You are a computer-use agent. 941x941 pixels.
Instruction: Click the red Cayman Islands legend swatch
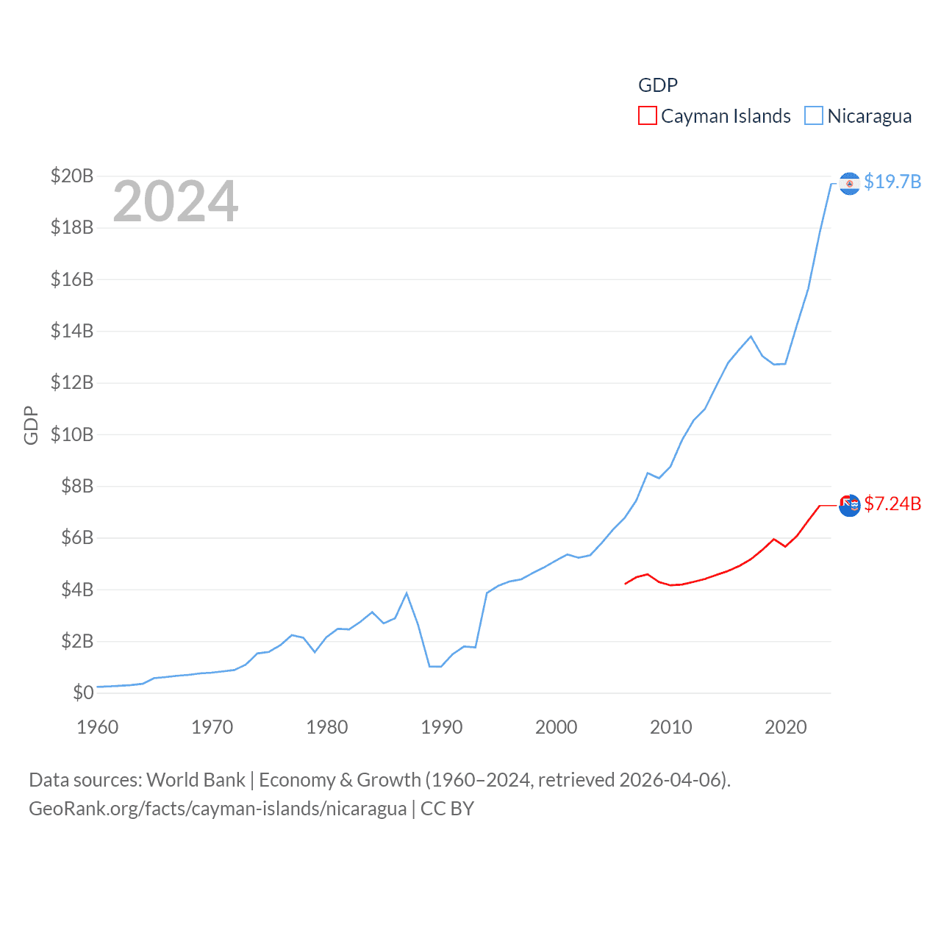647,116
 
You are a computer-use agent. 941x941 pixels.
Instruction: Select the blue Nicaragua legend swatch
813,116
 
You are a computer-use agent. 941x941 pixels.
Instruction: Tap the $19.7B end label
892,182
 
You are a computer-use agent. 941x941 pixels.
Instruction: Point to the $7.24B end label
892,504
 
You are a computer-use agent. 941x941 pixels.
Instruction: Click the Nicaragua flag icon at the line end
849,183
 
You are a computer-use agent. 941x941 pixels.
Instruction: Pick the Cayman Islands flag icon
849,506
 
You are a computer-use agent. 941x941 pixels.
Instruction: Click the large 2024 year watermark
175,201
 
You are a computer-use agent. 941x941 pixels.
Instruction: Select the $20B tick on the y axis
72,176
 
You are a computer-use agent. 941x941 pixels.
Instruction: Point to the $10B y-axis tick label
72,434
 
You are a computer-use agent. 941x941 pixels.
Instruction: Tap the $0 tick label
83,693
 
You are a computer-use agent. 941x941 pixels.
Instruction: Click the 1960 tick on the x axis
98,727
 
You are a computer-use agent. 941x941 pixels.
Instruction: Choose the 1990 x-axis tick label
442,727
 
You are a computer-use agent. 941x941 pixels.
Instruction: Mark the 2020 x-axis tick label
786,727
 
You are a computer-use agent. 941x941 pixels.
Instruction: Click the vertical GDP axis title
31,425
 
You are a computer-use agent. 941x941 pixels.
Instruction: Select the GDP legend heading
658,85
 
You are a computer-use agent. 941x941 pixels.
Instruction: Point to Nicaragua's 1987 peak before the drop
407,593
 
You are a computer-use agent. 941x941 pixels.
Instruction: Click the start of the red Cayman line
626,584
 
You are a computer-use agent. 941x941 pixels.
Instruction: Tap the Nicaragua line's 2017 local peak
751,337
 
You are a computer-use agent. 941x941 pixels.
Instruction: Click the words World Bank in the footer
196,779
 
